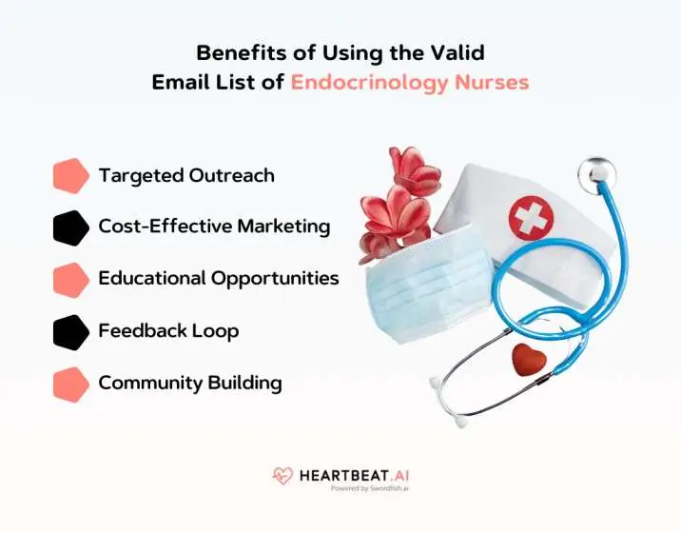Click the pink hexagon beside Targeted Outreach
(70, 176)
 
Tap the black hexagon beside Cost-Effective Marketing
(70, 227)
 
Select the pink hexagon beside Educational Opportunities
(70, 279)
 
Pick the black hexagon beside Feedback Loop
(70, 331)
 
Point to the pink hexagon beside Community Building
(70, 383)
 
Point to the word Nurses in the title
(496, 82)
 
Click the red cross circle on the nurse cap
(530, 218)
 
